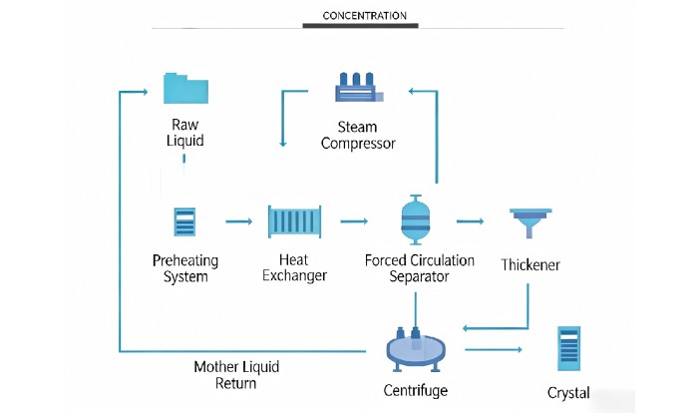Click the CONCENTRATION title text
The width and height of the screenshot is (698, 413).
point(365,16)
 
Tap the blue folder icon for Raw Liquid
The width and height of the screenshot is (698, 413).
point(186,88)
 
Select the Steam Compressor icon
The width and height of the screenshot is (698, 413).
point(358,88)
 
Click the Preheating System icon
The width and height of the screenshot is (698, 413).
point(185,221)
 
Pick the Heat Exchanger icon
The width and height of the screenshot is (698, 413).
point(294,221)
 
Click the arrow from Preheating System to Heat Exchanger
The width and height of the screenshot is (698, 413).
point(238,221)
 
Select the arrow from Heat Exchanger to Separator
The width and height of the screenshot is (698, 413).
point(354,221)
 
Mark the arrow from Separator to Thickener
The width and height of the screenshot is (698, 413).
point(471,221)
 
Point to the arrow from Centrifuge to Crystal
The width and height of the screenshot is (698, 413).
point(494,349)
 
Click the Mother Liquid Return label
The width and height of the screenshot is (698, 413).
point(238,375)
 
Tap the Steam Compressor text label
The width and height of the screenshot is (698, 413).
point(359,135)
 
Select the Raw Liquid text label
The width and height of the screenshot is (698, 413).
point(185,133)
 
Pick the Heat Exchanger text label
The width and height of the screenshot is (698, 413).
point(294,267)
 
